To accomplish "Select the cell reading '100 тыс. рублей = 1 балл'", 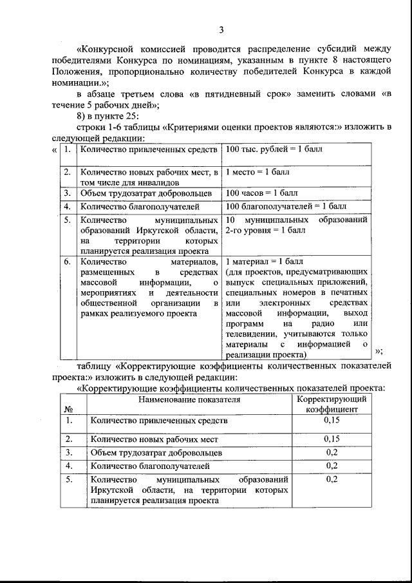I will pyautogui.click(x=274, y=150).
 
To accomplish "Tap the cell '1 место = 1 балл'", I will pyautogui.click(x=257, y=173).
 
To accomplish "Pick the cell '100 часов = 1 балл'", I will pyautogui.click(x=263, y=193).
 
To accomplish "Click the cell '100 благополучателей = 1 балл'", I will pyautogui.click(x=286, y=207).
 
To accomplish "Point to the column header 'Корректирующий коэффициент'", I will pyautogui.click(x=332, y=404).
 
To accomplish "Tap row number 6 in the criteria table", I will pyautogui.click(x=68, y=262).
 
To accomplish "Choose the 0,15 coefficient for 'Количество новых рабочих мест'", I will pyautogui.click(x=332, y=439).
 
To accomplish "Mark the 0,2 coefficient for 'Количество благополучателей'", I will pyautogui.click(x=332, y=465).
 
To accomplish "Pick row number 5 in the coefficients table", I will pyautogui.click(x=68, y=480).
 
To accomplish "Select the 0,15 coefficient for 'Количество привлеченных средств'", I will pyautogui.click(x=332, y=421).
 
